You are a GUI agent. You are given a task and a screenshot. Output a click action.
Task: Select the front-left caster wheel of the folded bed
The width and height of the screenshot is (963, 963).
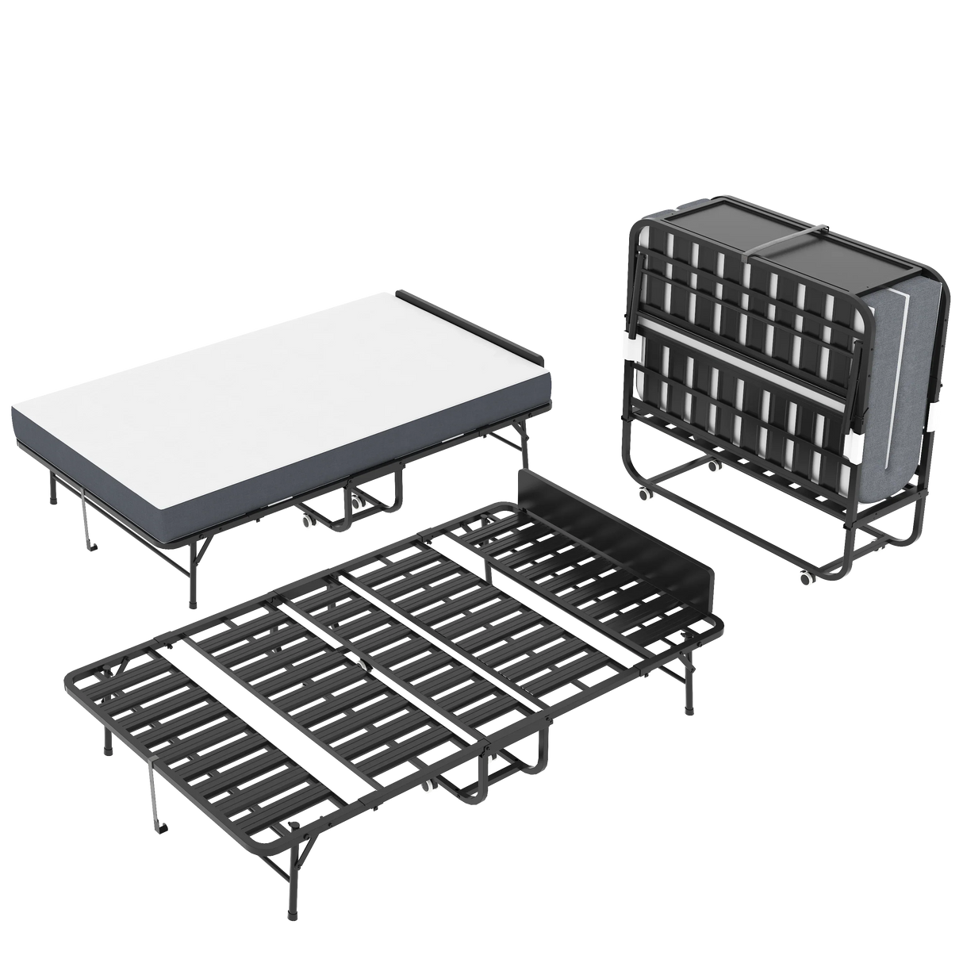[x=644, y=493]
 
